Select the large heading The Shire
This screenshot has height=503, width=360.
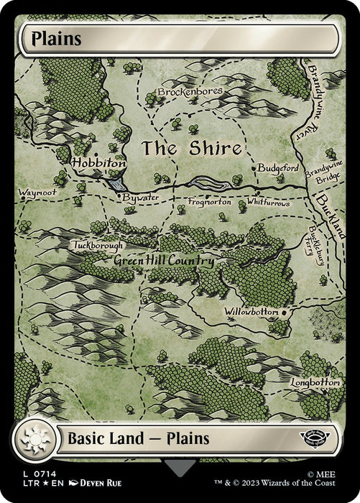point(190,149)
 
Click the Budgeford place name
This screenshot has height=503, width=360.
point(277,166)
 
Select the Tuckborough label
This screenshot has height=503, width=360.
point(98,245)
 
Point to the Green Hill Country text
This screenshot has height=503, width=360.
point(164,261)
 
